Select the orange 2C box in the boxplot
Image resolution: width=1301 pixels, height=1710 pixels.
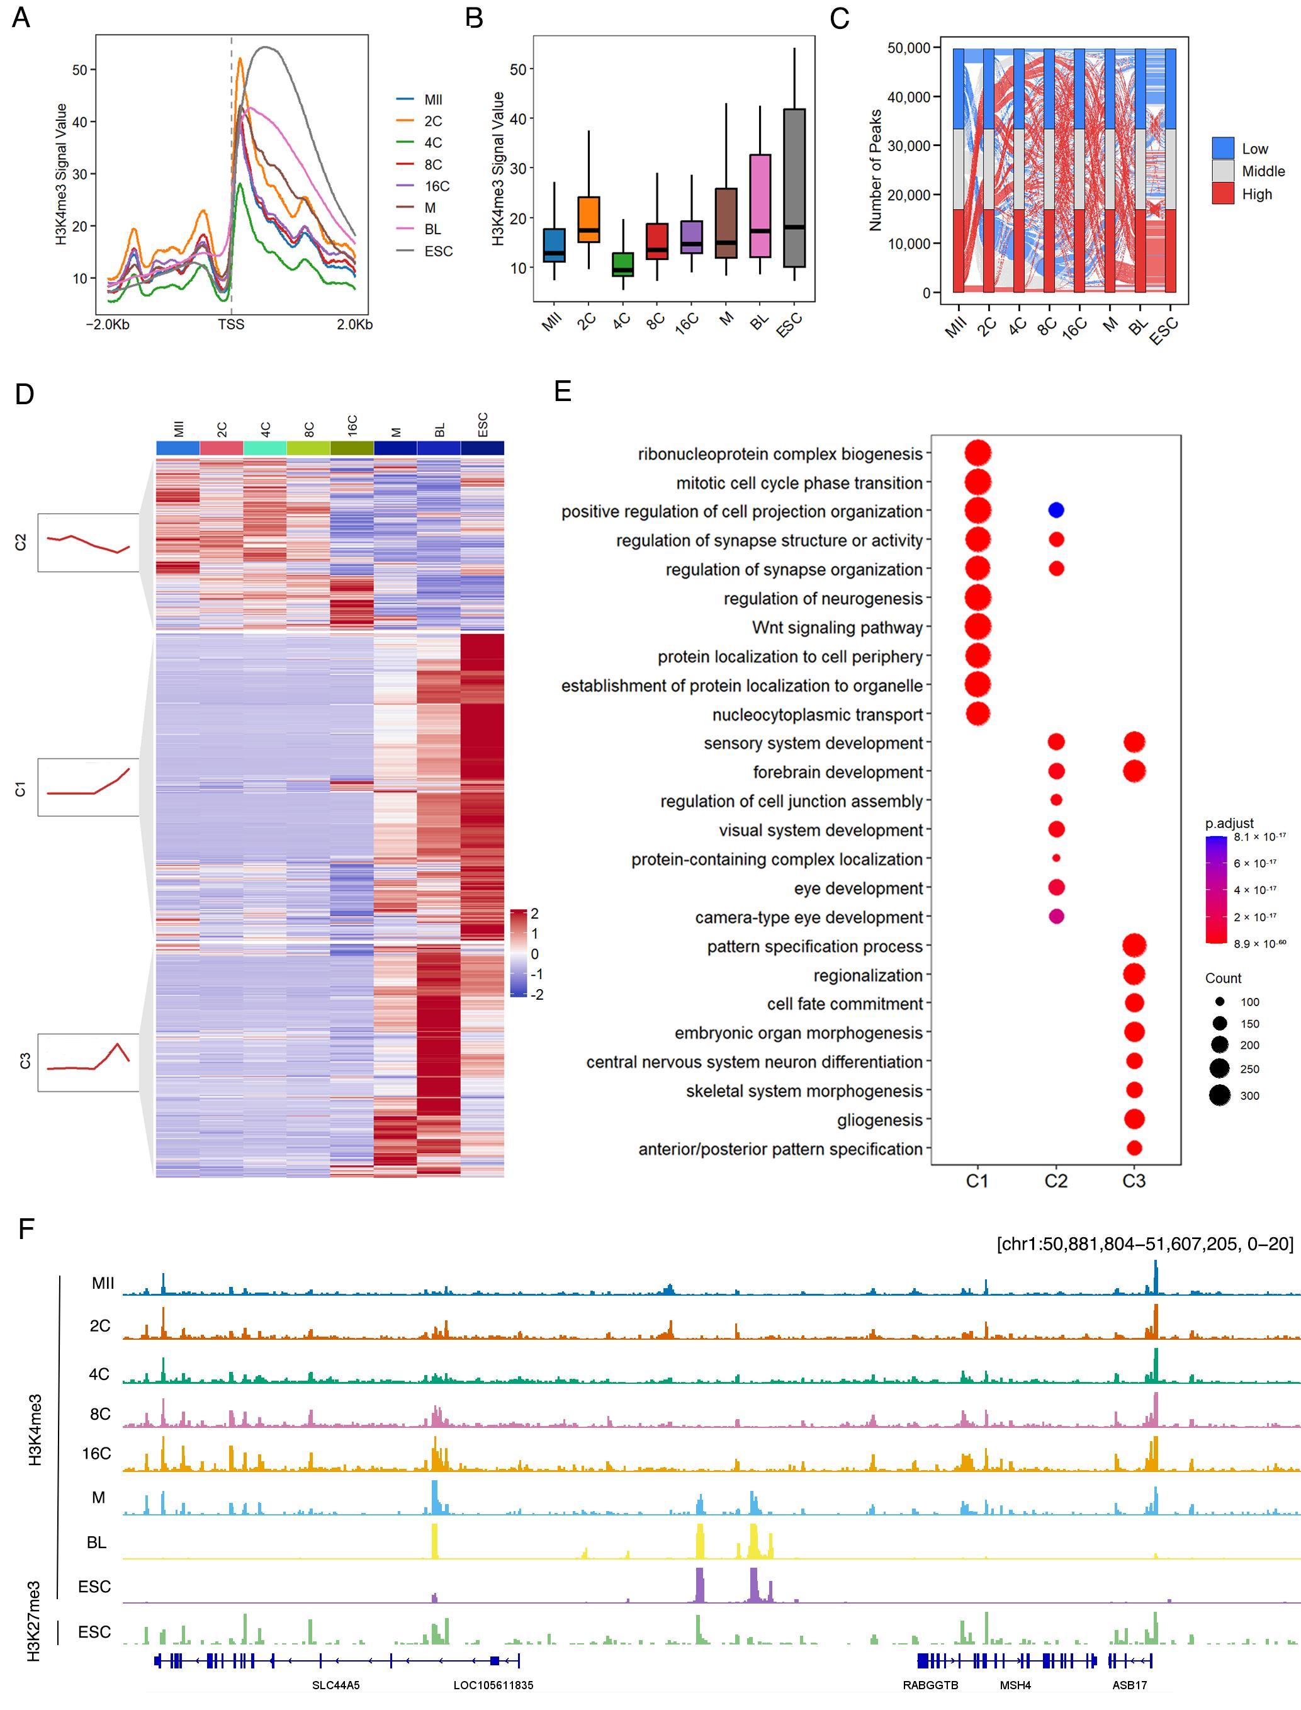coord(589,219)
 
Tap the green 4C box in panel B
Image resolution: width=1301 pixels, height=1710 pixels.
coord(622,264)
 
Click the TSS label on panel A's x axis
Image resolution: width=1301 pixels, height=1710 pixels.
coord(231,324)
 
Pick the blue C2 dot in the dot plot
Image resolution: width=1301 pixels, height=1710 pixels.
coord(1056,511)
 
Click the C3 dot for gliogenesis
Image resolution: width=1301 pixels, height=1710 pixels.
coord(1134,1119)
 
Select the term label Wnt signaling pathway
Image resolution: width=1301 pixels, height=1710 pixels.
coord(837,627)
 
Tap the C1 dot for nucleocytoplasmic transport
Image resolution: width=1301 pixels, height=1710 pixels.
coord(977,713)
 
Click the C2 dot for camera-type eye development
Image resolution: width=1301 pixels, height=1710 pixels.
coord(1056,916)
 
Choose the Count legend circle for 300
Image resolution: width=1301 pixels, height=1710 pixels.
coord(1219,1095)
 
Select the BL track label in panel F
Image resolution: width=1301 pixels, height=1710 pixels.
coord(97,1543)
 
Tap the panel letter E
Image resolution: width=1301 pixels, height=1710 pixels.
coord(563,392)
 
